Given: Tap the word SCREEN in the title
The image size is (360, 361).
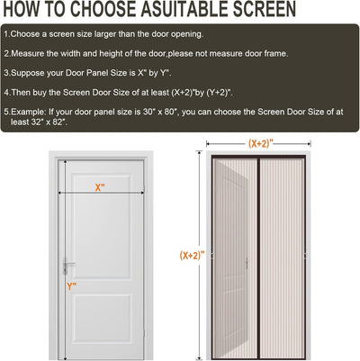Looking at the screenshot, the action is point(265,9).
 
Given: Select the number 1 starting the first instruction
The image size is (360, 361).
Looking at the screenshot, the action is point(6,34).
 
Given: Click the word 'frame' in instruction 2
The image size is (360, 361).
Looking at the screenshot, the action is point(276,53).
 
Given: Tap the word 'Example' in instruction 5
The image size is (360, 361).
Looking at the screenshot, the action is point(29,113).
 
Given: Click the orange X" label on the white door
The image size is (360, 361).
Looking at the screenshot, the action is point(100,187).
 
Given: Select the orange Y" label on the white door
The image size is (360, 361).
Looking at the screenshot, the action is point(72,286).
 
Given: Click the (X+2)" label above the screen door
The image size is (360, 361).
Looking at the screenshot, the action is point(261,144).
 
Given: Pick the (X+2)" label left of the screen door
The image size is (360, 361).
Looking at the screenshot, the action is point(192,256).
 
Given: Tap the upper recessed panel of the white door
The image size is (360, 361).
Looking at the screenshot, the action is point(103,227).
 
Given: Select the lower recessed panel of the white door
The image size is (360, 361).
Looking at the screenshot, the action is point(103,319).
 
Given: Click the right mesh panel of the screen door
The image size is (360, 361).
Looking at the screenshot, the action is point(282,258).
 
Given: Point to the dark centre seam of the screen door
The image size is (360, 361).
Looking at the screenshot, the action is point(258,257).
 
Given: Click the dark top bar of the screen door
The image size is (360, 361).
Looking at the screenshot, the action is point(258,157).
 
